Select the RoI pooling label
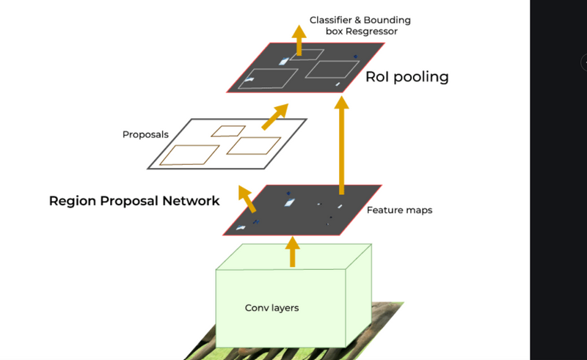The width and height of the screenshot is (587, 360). (406, 76)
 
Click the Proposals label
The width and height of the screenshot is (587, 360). (145, 134)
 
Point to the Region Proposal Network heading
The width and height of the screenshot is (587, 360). (134, 200)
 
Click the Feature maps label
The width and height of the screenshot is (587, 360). (399, 210)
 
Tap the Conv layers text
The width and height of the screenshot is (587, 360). (271, 307)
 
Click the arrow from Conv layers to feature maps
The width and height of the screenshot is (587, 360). (292, 251)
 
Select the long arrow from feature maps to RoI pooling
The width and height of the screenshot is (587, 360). (341, 147)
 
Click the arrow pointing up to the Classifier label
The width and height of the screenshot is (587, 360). (299, 40)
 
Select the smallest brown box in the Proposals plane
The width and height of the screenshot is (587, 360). (228, 131)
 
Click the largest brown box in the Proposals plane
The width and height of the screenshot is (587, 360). (189, 154)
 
